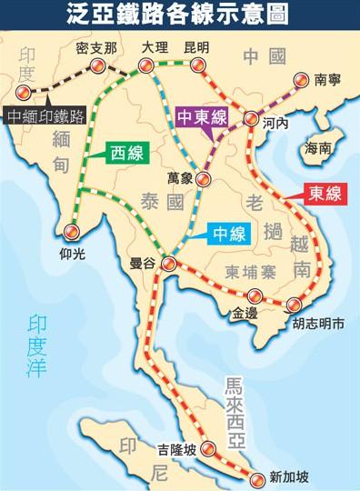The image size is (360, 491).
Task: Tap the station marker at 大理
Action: (145, 64)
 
